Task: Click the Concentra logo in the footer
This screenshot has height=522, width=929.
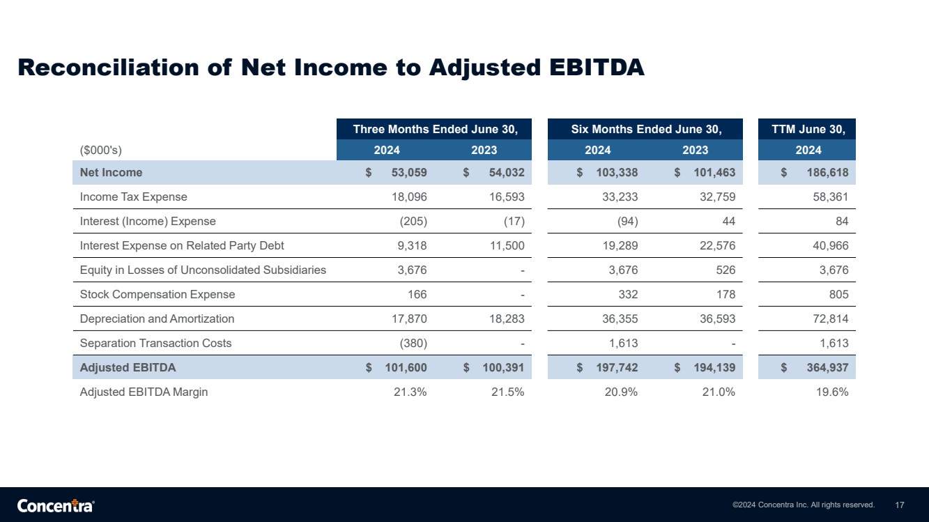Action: tap(56, 505)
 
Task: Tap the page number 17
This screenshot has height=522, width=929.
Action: tap(900, 505)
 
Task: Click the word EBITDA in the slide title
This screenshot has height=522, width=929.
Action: tap(597, 67)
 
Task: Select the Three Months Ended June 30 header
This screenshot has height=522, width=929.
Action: tap(435, 130)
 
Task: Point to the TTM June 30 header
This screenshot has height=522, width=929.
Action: tap(808, 130)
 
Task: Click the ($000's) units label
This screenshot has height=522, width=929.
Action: tap(101, 150)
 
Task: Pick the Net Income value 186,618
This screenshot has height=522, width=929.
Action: tap(827, 172)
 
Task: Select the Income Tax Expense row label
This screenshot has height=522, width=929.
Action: tap(133, 197)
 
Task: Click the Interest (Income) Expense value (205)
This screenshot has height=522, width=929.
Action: tap(413, 222)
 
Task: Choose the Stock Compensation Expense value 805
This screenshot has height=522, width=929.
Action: tap(838, 294)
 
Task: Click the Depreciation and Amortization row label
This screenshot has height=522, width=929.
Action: tap(157, 318)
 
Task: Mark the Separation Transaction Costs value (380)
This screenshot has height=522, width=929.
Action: tap(413, 344)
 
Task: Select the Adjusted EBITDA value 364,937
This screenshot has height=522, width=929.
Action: tap(827, 368)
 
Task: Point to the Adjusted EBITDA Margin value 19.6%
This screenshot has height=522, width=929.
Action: tap(832, 392)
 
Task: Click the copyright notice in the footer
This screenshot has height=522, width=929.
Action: tap(804, 505)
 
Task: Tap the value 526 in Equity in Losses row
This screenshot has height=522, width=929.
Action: tap(725, 270)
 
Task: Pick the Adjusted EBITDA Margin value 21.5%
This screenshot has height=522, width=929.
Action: tap(507, 392)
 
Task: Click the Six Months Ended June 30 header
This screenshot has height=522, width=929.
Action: tap(646, 130)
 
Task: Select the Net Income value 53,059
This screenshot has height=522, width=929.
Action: tap(409, 172)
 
